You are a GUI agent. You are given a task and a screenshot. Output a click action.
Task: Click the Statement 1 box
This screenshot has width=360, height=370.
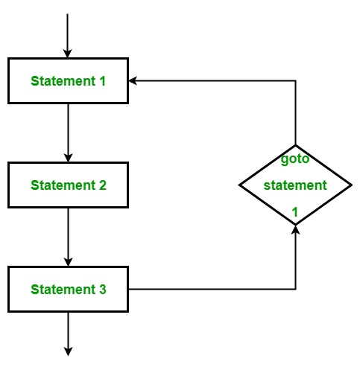[x=68, y=80]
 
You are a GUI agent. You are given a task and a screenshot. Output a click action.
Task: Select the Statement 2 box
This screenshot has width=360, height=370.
[x=68, y=185]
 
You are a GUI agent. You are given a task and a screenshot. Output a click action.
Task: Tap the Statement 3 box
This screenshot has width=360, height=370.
[x=68, y=289]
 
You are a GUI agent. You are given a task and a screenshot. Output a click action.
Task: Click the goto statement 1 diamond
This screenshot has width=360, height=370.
[x=295, y=185]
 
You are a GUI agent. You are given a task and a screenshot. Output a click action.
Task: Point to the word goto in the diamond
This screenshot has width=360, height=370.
[x=295, y=159]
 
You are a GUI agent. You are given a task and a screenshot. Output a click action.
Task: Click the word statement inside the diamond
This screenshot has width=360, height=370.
[x=295, y=185]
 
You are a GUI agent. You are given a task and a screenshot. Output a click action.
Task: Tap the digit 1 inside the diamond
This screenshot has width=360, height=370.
[x=295, y=212]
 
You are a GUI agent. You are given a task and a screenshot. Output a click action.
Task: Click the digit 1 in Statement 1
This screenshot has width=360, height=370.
[x=103, y=81]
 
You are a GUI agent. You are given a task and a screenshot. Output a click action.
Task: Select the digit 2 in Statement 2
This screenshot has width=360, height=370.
[x=103, y=185]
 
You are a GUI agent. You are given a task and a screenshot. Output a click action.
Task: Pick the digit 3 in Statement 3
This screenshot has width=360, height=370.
[x=103, y=290]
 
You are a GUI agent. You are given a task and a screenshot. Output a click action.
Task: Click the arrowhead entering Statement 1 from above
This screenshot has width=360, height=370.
[x=67, y=54]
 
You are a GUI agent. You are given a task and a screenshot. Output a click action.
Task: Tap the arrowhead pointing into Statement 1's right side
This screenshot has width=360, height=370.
[x=133, y=80]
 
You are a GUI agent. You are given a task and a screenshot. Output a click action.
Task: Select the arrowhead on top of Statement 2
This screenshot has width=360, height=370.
[x=68, y=158]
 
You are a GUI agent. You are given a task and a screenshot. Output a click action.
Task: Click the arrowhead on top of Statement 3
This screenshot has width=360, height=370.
[x=68, y=262]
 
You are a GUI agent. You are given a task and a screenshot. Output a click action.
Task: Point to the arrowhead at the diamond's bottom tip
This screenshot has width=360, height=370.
[x=295, y=229]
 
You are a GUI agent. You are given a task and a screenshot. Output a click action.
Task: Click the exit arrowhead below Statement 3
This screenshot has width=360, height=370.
[x=68, y=352]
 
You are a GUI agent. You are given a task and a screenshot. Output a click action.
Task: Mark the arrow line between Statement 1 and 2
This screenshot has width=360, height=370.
[x=68, y=133]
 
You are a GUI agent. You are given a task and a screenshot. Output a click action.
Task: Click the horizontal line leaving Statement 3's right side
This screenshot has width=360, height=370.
[x=212, y=289]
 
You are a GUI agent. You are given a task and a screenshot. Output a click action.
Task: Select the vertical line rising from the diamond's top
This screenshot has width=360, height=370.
[x=295, y=112]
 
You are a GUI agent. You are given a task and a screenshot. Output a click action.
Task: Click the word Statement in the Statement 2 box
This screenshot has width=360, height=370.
[x=63, y=185]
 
